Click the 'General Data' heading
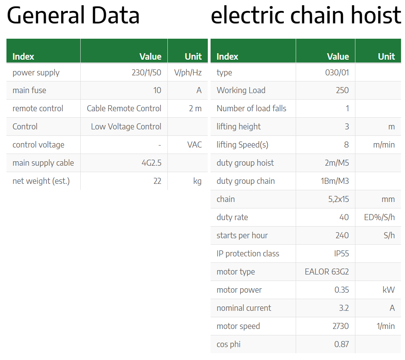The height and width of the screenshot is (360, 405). pyautogui.click(x=73, y=15)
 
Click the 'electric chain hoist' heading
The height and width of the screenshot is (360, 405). pyautogui.click(x=306, y=15)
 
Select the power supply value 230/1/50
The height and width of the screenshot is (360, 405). pyautogui.click(x=146, y=73)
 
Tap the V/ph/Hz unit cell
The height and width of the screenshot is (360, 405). pyautogui.click(x=188, y=73)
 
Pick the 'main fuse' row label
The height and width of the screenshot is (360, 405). pyautogui.click(x=29, y=90)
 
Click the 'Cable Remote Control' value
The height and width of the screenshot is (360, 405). pyautogui.click(x=124, y=108)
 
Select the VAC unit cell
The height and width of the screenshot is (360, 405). pyautogui.click(x=194, y=145)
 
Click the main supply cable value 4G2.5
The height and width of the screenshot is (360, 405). pyautogui.click(x=151, y=163)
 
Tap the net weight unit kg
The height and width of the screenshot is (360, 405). pyautogui.click(x=197, y=181)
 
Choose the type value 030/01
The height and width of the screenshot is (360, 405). pyautogui.click(x=337, y=73)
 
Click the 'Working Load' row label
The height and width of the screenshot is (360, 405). pyautogui.click(x=241, y=90)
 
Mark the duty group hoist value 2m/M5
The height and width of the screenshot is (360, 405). pyautogui.click(x=337, y=163)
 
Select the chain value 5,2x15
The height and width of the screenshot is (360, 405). pyautogui.click(x=338, y=199)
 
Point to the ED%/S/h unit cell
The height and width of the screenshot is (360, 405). pyautogui.click(x=380, y=217)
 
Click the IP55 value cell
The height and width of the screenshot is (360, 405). pyautogui.click(x=341, y=254)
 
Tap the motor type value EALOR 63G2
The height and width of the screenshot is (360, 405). pyautogui.click(x=327, y=272)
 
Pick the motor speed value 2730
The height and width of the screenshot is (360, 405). pyautogui.click(x=341, y=326)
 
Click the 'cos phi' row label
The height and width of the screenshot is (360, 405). pyautogui.click(x=229, y=345)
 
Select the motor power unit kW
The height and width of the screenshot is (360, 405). pyautogui.click(x=389, y=290)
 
